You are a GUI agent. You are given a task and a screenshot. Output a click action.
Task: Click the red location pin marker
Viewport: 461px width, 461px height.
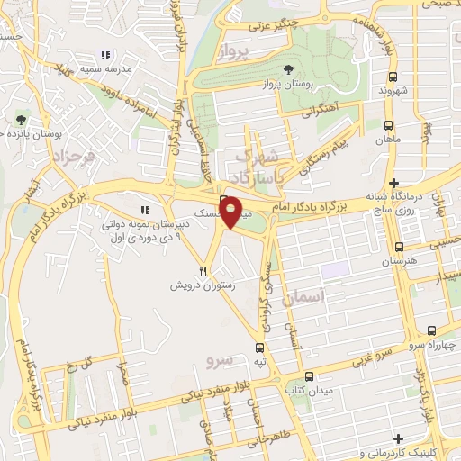231,212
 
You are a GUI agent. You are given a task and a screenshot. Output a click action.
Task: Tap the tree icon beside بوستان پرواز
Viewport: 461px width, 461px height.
288,69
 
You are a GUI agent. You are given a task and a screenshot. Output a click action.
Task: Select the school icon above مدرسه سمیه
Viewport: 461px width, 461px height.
106,55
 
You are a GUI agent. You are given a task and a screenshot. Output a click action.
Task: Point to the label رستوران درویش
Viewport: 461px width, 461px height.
203,285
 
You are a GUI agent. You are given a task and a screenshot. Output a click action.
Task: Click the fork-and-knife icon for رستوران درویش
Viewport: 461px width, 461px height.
204,269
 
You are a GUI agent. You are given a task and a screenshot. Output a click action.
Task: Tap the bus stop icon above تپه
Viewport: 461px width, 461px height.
260,347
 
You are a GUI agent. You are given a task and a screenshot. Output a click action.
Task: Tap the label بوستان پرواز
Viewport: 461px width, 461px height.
287,84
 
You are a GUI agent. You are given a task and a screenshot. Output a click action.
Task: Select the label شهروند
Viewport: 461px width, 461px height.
394,92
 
